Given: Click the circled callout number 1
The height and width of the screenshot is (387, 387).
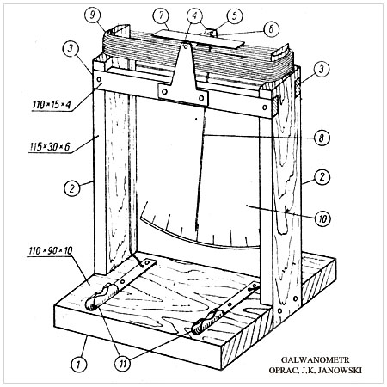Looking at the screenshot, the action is [x=78, y=365].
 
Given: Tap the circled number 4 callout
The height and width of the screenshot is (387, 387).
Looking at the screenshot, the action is [x=194, y=15].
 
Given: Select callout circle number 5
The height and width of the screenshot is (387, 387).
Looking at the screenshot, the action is [x=234, y=15].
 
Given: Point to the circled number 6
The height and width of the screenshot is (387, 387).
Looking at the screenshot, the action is [x=271, y=28].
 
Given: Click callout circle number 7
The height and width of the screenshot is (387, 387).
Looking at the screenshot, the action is [x=161, y=15].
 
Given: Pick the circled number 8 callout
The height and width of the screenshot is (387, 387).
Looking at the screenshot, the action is [x=322, y=138].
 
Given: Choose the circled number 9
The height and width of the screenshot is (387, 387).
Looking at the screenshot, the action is [x=93, y=15].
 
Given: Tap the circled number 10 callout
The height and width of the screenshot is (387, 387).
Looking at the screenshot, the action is [x=322, y=219].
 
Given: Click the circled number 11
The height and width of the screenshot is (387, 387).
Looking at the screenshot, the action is [x=123, y=364].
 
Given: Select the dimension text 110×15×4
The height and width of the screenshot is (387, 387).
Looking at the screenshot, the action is [x=52, y=104].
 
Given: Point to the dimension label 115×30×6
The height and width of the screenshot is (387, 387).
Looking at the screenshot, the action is [x=50, y=147].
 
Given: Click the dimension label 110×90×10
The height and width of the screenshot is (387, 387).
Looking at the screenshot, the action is [x=51, y=251].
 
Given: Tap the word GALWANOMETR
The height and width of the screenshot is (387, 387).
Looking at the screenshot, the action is [x=315, y=360].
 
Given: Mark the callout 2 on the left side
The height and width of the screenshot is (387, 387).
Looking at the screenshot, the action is [x=71, y=188].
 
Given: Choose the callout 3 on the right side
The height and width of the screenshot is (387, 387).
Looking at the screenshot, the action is [x=322, y=69].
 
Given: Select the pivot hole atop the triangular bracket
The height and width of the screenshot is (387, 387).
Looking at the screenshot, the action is [x=186, y=46].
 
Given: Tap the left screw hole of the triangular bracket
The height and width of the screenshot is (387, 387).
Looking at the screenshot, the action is [x=164, y=91].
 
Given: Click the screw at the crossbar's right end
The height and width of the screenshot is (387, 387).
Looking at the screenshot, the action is [x=265, y=107].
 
